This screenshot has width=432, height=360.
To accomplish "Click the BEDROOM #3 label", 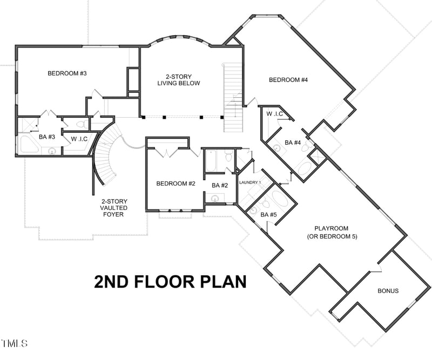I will coord(67,73).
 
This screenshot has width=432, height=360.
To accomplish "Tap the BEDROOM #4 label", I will coord(288,80).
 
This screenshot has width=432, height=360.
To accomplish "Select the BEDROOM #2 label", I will coord(175,184).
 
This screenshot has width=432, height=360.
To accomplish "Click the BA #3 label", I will coord(47,137).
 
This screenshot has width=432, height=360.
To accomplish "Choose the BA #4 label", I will coord(293,142).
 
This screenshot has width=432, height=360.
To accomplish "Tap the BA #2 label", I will coord(219,185).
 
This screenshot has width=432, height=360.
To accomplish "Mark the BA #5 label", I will coord(268,215).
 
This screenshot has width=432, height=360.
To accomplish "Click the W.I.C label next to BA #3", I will coord(79,139).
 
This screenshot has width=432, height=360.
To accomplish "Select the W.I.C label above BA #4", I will coord(275,114).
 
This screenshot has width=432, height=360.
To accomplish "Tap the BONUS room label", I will coord(388,291).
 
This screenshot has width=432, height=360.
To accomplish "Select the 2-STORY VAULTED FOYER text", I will coord(114,208).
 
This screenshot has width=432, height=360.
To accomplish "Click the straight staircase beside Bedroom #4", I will coord(234,97).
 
